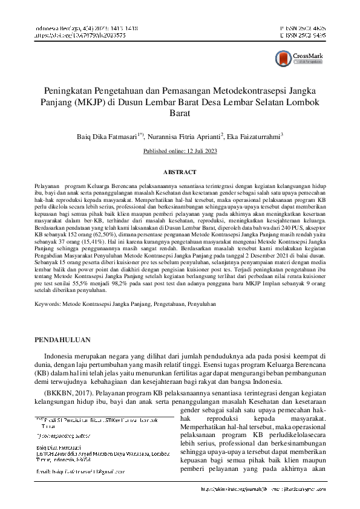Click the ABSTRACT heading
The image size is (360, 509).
coord(180,172)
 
